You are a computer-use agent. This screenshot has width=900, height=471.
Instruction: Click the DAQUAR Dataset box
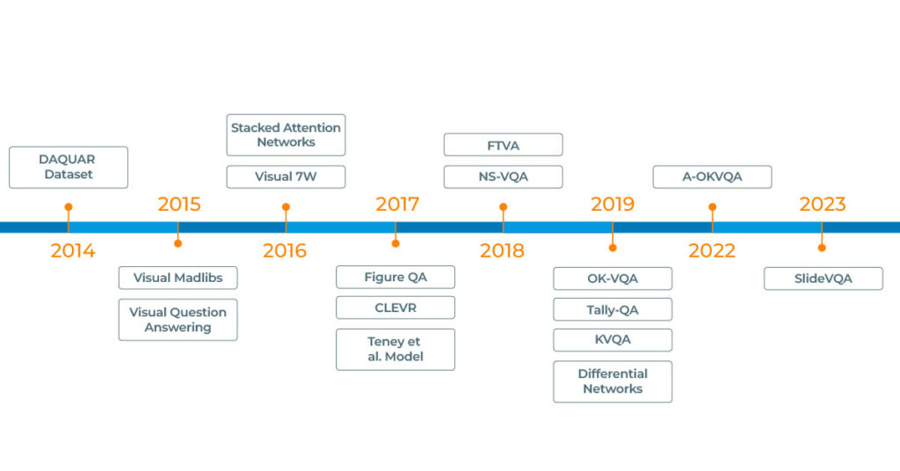point(69,167)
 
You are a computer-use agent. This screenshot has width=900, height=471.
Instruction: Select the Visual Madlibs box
point(178,278)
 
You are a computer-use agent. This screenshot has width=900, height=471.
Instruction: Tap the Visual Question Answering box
point(178,320)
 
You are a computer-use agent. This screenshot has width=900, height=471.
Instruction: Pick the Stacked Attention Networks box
point(286,134)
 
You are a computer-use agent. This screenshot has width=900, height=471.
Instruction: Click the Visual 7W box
point(286,177)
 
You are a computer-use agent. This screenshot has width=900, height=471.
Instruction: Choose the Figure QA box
point(396,277)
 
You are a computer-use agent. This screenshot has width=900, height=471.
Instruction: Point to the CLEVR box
point(396,308)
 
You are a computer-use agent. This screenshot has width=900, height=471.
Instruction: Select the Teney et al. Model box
point(396,349)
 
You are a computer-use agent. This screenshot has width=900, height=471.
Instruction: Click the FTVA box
point(503,145)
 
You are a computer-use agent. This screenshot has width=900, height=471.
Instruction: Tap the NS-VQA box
point(503,177)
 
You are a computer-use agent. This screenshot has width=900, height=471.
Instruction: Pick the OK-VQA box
point(613,279)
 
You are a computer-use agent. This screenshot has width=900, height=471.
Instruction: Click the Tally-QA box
point(613,309)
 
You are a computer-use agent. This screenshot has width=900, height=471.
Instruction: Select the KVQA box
point(613,340)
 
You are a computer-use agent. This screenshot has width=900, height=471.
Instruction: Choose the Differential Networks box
point(613,381)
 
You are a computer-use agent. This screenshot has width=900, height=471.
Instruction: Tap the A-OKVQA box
point(712,177)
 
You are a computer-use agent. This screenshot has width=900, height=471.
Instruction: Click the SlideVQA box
point(823,279)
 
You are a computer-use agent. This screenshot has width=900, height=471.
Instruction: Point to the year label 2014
point(73,250)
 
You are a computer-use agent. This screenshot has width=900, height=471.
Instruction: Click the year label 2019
point(613,204)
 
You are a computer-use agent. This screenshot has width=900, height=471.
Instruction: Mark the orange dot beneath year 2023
point(822,248)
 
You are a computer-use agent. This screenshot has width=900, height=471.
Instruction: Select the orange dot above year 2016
point(286,207)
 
